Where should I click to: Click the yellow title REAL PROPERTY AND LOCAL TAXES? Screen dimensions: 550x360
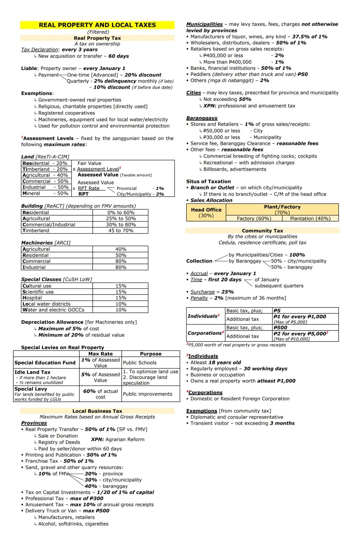pos(97,25)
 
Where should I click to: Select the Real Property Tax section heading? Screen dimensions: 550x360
pos(97,38)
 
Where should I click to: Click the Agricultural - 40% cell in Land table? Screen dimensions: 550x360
pos(45,175)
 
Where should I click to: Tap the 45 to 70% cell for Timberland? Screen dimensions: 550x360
pos(121,231)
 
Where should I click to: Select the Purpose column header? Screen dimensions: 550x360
pos(151,354)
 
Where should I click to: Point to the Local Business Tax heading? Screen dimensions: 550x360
pos(97,411)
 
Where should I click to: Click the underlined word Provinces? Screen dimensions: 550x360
pos(34,423)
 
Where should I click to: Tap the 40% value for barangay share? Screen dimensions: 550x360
pos(91,486)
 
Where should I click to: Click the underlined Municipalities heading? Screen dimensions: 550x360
pos(204,24)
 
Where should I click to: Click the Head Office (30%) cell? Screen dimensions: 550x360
pos(206,213)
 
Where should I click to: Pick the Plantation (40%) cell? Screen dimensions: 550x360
pos(310,219)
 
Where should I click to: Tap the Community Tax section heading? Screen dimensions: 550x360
pos(262,231)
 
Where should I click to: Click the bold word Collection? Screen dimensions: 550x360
pos(199,261)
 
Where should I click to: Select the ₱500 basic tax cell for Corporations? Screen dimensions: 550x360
pos(280,328)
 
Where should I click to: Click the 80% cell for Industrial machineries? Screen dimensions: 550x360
pos(121,267)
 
